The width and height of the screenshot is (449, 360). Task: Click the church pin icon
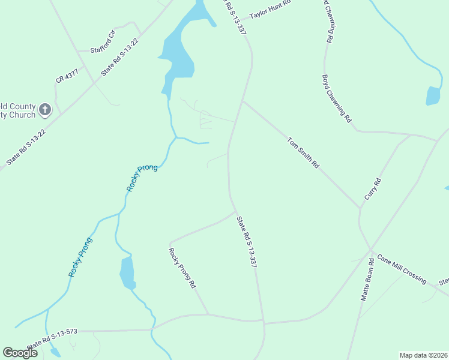(x=45, y=110)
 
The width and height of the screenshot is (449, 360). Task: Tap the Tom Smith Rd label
(x=303, y=152)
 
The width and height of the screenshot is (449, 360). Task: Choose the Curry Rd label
(x=373, y=189)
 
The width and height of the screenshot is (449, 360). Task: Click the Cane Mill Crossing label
(x=402, y=271)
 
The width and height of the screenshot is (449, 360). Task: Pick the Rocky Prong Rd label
(x=182, y=269)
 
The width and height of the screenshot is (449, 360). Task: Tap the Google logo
(x=20, y=352)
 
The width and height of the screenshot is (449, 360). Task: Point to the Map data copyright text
(x=423, y=355)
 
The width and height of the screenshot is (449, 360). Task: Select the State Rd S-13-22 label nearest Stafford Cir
(x=120, y=57)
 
